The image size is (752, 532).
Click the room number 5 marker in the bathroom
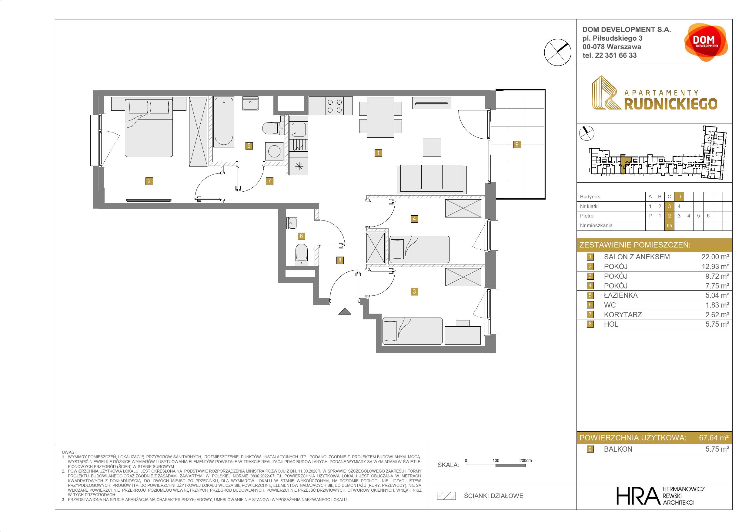coord(249,146)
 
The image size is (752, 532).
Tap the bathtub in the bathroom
coord(224,122)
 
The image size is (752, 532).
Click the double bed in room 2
coord(149,128)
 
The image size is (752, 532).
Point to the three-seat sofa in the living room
coord(432,179)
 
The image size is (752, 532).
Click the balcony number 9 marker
coord(517,144)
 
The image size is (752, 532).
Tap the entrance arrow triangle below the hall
coord(345,311)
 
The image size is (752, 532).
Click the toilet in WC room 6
coord(301,255)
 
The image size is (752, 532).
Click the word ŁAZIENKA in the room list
coord(621,295)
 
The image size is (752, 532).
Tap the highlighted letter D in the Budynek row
coord(679,197)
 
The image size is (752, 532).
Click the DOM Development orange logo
coord(706,42)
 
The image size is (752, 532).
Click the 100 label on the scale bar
coord(496,460)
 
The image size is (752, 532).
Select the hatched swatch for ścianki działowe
coord(446,496)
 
